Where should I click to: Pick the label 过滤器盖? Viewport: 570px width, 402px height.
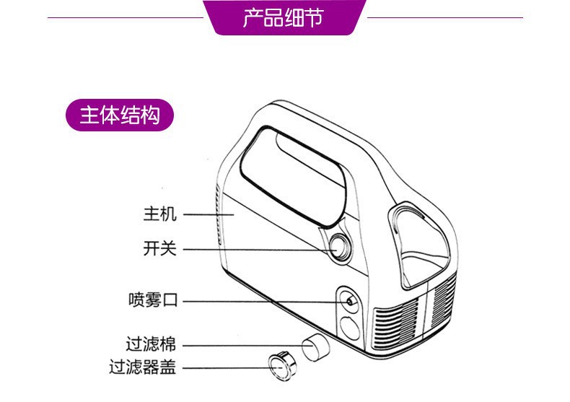click(x=143, y=367)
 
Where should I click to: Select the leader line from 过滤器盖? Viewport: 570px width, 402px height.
click(x=224, y=368)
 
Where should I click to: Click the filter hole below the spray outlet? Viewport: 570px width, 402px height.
click(x=351, y=329)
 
